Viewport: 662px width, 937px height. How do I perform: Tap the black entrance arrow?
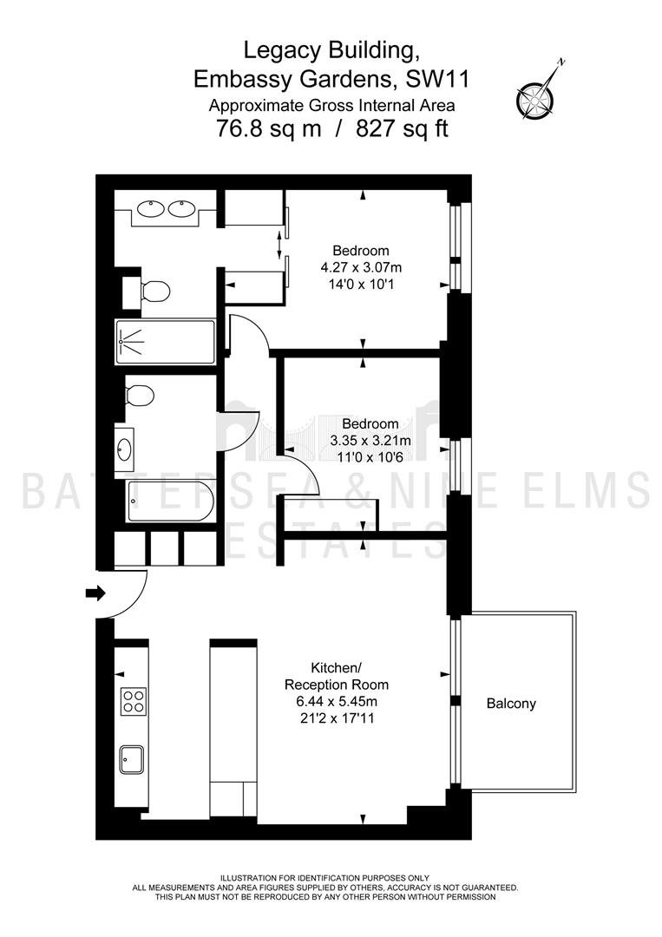point(95,593)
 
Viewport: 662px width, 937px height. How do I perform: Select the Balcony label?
point(511,704)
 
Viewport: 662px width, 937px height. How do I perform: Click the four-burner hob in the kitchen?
point(134,701)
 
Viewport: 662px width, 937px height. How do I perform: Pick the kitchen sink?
point(131,759)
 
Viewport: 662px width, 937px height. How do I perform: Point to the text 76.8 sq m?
point(268,128)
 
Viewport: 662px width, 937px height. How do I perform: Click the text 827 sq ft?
point(402,128)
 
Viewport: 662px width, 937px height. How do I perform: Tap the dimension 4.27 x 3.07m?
point(361,267)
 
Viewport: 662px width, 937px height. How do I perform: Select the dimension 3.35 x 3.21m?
point(370,441)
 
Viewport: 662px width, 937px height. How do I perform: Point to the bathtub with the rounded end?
point(171,501)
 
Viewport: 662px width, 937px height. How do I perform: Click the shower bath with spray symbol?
point(165,343)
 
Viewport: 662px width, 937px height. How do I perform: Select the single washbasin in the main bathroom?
point(125,449)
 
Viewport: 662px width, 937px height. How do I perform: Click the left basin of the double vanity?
point(151,208)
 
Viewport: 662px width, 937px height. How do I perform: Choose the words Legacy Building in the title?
point(331,51)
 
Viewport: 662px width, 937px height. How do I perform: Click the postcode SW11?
point(437,80)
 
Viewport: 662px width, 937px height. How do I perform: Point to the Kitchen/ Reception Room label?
point(337,676)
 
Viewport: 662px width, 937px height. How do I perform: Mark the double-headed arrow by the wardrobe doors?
point(279,245)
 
